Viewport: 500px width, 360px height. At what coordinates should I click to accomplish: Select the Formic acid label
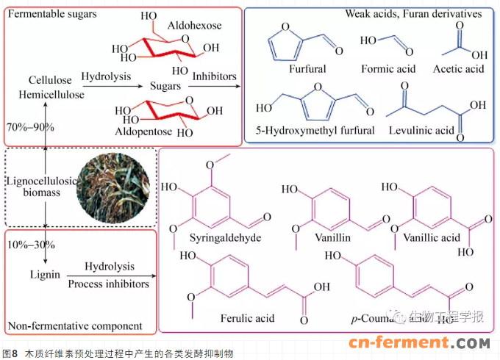click(388, 69)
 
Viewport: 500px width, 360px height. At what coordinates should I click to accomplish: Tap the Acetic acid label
click(459, 69)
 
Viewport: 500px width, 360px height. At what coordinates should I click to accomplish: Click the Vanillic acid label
click(430, 238)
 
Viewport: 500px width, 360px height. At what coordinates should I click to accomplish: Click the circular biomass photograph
click(113, 187)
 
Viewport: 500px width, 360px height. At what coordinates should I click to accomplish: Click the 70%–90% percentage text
click(29, 126)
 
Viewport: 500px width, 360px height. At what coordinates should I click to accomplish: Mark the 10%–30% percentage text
click(29, 244)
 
